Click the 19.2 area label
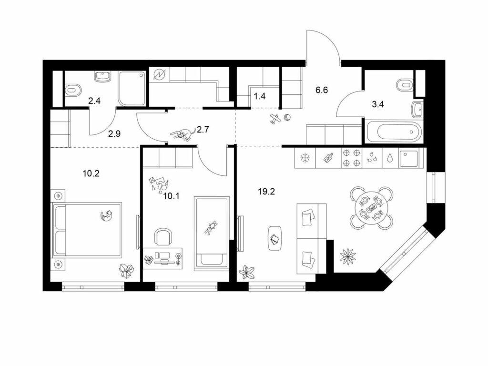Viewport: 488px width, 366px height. (x=266, y=192)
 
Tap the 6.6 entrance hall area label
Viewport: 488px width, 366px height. (x=322, y=90)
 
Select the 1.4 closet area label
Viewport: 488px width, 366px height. (x=260, y=96)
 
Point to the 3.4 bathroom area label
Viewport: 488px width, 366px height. (x=378, y=104)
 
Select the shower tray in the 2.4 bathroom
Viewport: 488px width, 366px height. (x=132, y=89)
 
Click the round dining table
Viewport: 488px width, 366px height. (x=371, y=208)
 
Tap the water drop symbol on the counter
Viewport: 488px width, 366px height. (x=390, y=158)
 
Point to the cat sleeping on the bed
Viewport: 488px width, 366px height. (x=107, y=215)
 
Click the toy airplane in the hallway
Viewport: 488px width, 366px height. (x=275, y=119)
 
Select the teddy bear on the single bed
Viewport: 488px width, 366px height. (x=211, y=227)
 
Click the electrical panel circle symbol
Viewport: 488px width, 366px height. (x=161, y=75)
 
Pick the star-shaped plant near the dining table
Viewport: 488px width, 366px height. (x=347, y=256)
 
